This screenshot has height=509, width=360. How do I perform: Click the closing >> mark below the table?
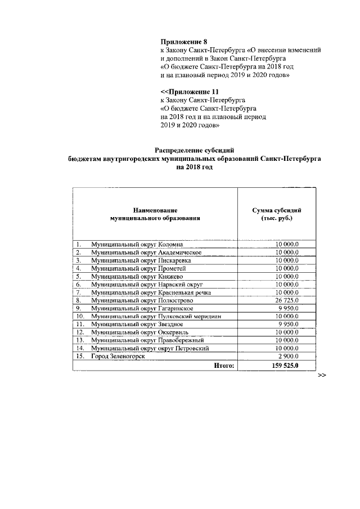(322, 375)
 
